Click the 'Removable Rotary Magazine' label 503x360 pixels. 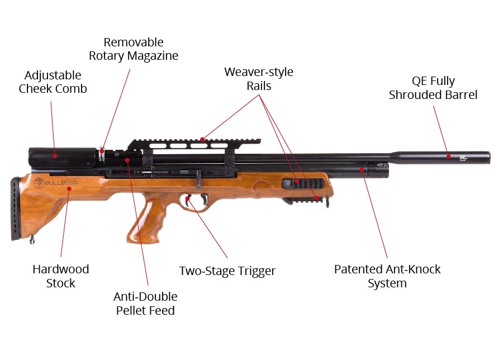click(x=134, y=49)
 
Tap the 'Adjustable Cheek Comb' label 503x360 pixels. click(x=53, y=82)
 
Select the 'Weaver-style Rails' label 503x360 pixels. click(x=259, y=79)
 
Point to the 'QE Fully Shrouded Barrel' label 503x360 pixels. click(x=433, y=88)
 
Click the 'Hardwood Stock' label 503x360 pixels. click(x=60, y=276)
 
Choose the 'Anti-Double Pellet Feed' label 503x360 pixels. click(x=145, y=304)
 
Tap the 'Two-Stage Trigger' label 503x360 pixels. click(x=227, y=271)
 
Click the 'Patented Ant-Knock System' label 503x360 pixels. click(x=387, y=276)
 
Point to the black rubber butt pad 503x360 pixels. click(x=15, y=209)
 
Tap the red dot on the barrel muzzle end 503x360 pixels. click(x=449, y=157)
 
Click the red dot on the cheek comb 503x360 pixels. click(x=55, y=156)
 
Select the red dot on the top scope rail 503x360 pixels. click(x=202, y=139)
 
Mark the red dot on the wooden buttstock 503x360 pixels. click(x=69, y=188)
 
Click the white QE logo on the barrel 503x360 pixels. click(x=463, y=158)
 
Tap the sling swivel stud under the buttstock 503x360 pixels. click(x=32, y=239)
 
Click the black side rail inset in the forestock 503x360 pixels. click(x=303, y=184)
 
